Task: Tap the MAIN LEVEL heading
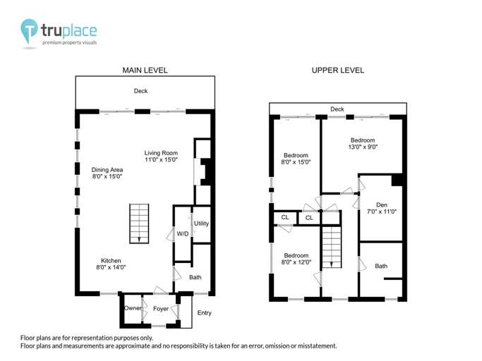[145, 71]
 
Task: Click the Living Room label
[161, 153]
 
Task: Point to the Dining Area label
[107, 169]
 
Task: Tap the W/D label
[182, 233]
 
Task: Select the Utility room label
[201, 224]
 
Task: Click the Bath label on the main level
[195, 277]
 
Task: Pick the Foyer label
[161, 309]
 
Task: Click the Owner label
[133, 308]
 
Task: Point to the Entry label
[204, 313]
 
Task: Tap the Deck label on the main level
[140, 91]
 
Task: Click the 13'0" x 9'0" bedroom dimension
[363, 147]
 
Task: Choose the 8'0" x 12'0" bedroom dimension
[296, 263]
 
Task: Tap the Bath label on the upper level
[381, 266]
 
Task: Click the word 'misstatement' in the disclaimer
[315, 346]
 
